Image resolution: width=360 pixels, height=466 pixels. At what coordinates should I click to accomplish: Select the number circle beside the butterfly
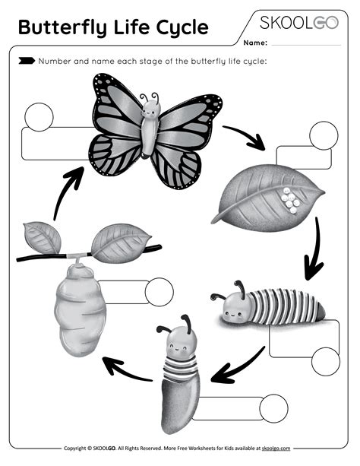point(39,116)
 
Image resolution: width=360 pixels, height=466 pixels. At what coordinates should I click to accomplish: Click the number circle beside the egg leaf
point(324,135)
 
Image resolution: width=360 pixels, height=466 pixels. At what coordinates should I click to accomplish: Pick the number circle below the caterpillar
point(326,361)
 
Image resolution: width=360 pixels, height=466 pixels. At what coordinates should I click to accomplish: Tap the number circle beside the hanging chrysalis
point(159,292)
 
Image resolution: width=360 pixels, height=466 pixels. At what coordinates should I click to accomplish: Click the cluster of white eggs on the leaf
point(289,200)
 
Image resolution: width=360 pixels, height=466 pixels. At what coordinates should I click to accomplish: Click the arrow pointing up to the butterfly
point(67,190)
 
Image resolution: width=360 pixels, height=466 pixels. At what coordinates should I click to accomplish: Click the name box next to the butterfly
point(53,144)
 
